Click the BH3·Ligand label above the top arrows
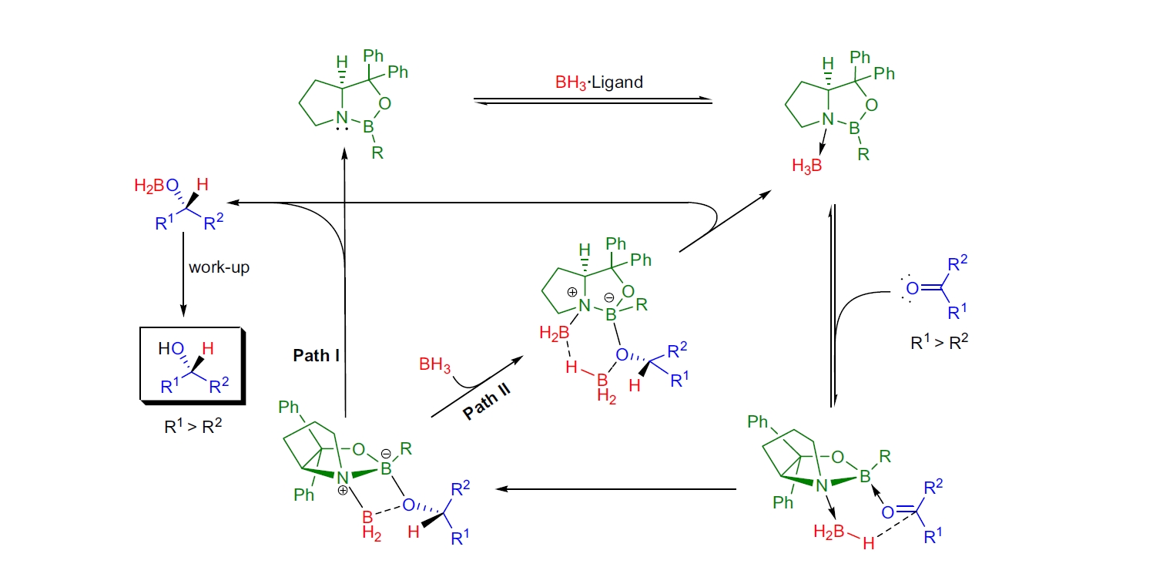click(x=598, y=82)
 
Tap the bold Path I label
click(x=317, y=356)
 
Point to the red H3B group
click(x=808, y=166)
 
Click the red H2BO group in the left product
click(x=153, y=186)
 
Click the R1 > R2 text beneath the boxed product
click(x=192, y=424)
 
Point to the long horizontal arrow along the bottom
click(x=616, y=488)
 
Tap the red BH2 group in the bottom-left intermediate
click(x=374, y=524)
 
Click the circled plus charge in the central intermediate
click(x=574, y=292)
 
